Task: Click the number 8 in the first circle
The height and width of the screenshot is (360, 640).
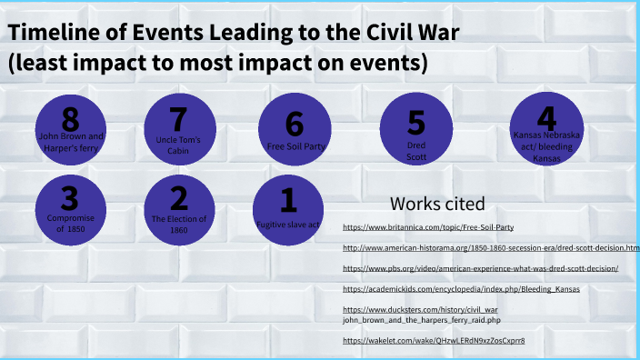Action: coord(71,120)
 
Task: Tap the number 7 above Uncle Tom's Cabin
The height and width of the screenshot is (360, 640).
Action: coord(179,120)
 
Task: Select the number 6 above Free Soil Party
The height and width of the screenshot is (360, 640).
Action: coord(294,124)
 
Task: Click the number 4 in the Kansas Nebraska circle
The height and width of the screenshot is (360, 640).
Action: coord(545,119)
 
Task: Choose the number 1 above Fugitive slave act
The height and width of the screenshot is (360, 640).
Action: coord(287,199)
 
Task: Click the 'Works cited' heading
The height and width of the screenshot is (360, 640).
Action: coord(437,203)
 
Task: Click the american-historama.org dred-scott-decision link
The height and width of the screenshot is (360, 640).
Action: coord(491,247)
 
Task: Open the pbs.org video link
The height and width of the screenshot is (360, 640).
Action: coord(480,268)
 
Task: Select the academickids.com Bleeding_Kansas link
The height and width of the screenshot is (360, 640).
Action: coord(461,289)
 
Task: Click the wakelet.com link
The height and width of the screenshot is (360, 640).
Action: coord(434,340)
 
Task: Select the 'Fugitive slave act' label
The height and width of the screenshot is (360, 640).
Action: coord(287,224)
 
